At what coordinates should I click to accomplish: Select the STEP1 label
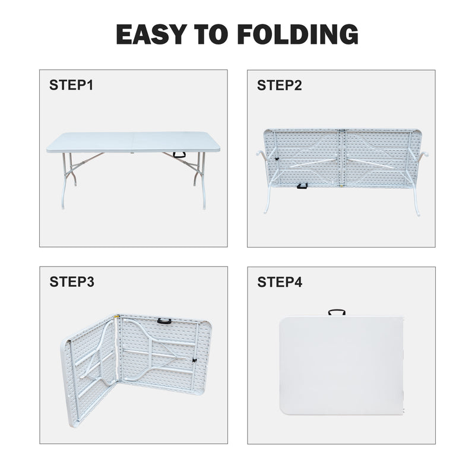coord(71,85)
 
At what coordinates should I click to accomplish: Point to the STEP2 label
coord(279,85)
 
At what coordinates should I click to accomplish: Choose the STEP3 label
coord(71,282)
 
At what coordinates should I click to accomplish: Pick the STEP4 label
coord(279,282)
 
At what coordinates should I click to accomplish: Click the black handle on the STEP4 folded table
coord(337,313)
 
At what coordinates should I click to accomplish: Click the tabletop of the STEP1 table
coord(128,142)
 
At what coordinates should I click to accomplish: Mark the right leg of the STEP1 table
coord(197,178)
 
